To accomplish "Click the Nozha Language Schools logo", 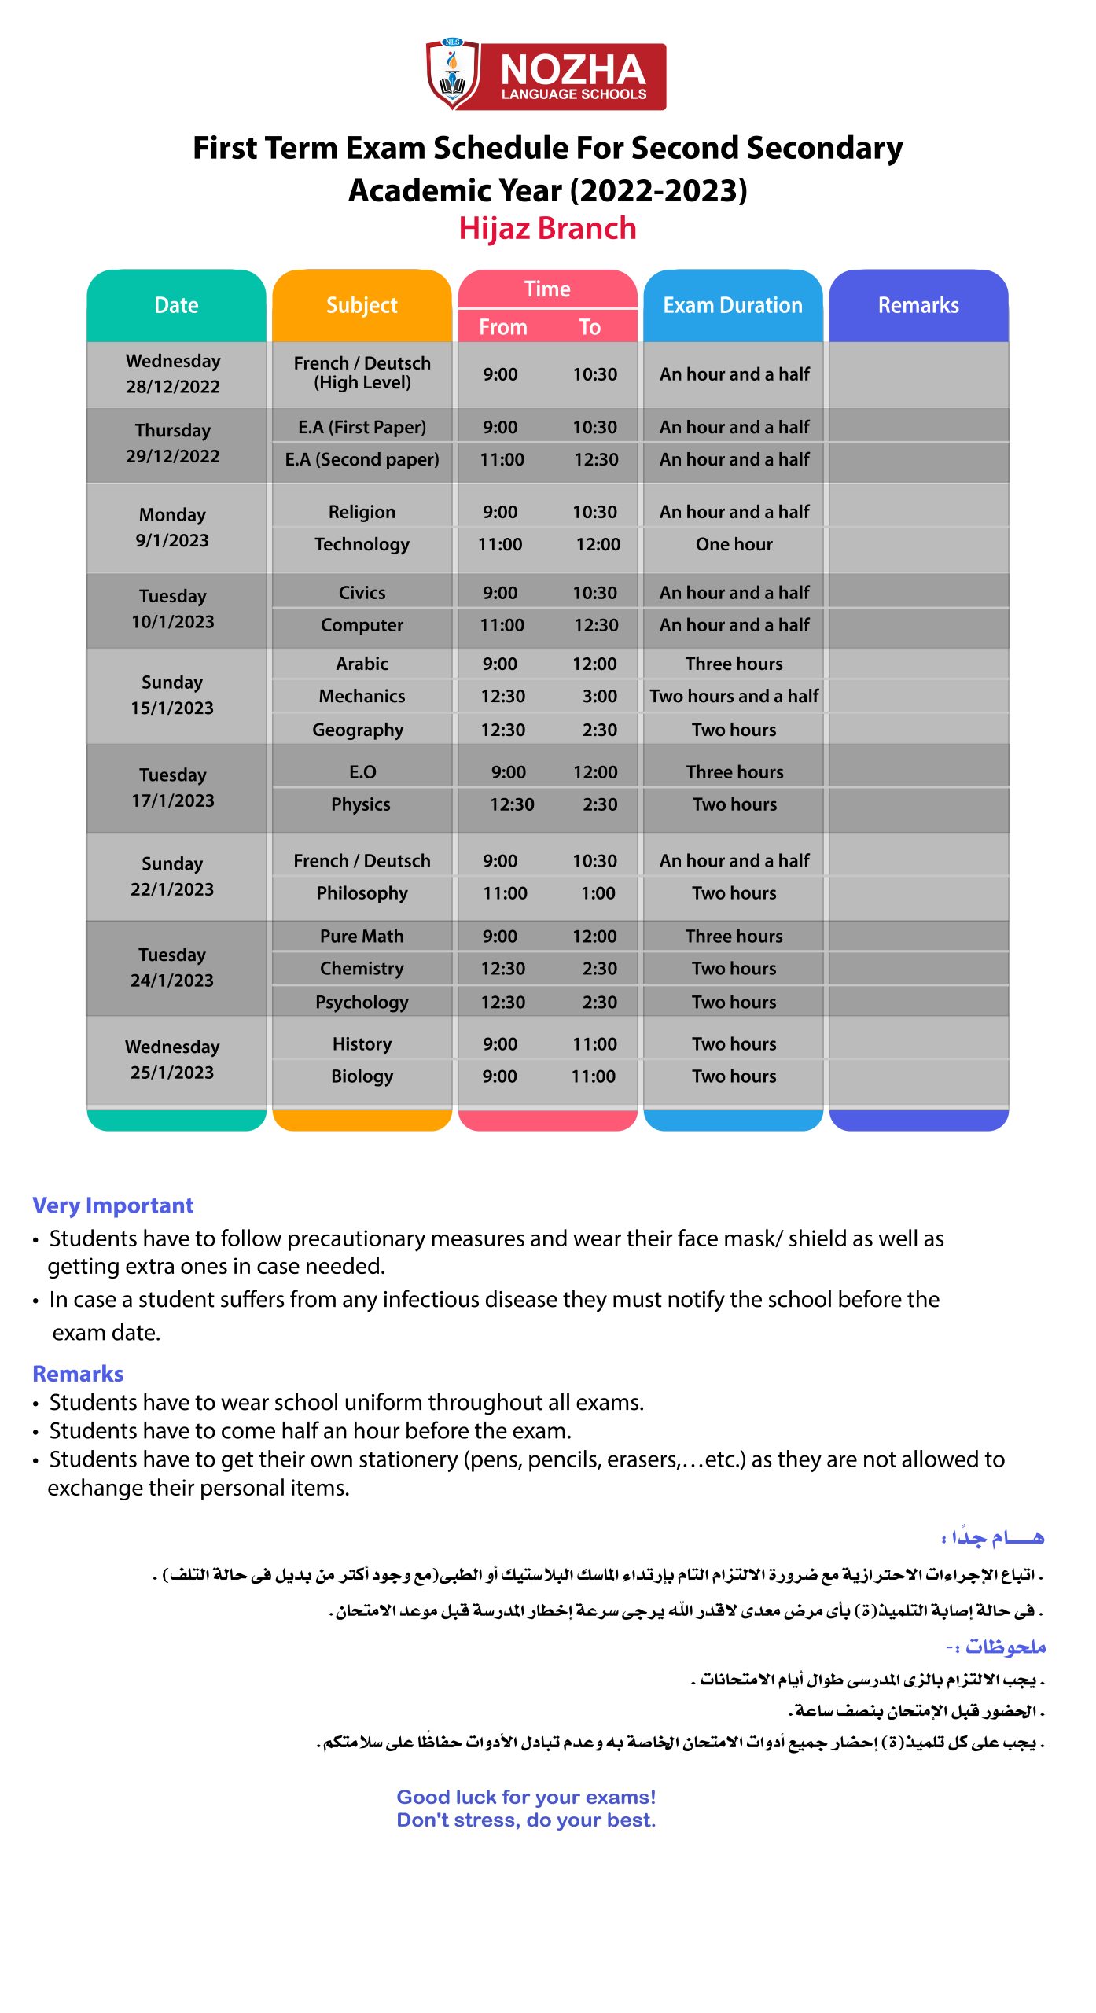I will pyautogui.click(x=546, y=76).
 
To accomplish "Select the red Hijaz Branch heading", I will pyautogui.click(x=547, y=228).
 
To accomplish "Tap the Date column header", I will pyautogui.click(x=176, y=305).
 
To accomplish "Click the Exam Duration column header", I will pyautogui.click(x=733, y=305).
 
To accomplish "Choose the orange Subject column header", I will pyautogui.click(x=362, y=305).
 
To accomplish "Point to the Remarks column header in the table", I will pyautogui.click(x=918, y=305).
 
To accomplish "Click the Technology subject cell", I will pyautogui.click(x=362, y=544).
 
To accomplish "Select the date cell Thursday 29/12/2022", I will pyautogui.click(x=173, y=443).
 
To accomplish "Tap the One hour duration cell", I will pyautogui.click(x=734, y=544).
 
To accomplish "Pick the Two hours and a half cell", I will pyautogui.click(x=734, y=696).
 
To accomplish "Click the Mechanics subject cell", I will pyautogui.click(x=362, y=696).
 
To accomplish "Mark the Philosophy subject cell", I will pyautogui.click(x=362, y=893).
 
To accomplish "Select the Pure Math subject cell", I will pyautogui.click(x=362, y=936).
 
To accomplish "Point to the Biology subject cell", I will pyautogui.click(x=362, y=1076).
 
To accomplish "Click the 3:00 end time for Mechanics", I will pyautogui.click(x=599, y=696).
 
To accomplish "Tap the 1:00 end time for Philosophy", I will pyautogui.click(x=599, y=893).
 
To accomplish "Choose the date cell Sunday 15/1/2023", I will pyautogui.click(x=172, y=695).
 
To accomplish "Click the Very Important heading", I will pyautogui.click(x=112, y=1205).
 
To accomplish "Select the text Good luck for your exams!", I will pyautogui.click(x=526, y=1797).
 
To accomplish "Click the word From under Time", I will pyautogui.click(x=503, y=327).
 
